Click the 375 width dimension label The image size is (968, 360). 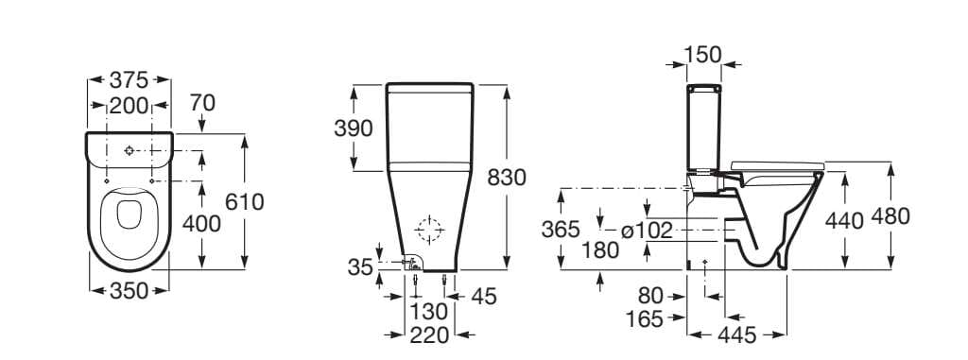click(x=129, y=79)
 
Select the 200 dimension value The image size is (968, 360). click(x=129, y=106)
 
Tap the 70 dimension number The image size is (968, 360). click(x=202, y=102)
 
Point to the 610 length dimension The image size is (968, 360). click(x=245, y=202)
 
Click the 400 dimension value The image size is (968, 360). click(x=201, y=224)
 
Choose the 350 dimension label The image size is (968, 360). click(x=129, y=291)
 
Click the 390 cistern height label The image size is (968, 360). click(x=354, y=129)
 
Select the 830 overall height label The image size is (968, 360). click(x=507, y=178)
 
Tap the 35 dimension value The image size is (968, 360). click(x=360, y=266)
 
